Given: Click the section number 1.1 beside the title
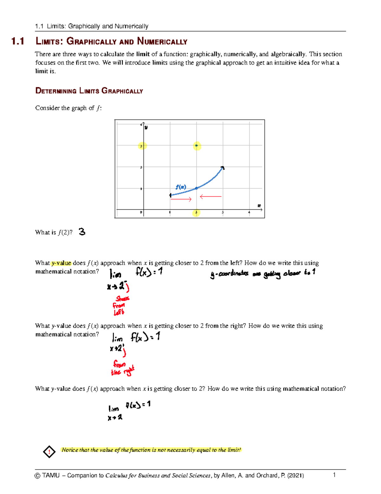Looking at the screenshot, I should coord(18,41).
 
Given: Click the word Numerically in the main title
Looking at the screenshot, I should coord(162,41).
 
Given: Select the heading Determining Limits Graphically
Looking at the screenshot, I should coord(89,91).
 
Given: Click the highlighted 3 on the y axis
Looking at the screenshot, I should coord(142,146).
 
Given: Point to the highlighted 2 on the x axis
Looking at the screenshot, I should coord(196,212).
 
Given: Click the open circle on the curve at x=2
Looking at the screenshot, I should coord(196,188).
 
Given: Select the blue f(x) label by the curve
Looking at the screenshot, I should coord(181,187).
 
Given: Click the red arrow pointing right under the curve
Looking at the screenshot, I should coord(181,199).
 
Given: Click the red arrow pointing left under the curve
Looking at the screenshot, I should coord(211,197).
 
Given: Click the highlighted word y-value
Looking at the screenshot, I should coord(61,263).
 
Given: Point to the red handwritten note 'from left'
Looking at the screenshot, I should coord(120,306).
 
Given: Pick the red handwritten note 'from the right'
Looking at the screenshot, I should coord(122,368).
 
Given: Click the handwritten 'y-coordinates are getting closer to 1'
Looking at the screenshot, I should coord(263,273).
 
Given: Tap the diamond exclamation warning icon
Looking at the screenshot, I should coord(49,451).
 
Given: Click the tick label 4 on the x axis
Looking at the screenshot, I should coord(249,212).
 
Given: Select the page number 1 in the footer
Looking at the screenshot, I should coord(334,475).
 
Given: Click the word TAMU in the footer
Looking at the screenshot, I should coord(51,476).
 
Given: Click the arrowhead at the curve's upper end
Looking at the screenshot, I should coord(223,168).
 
